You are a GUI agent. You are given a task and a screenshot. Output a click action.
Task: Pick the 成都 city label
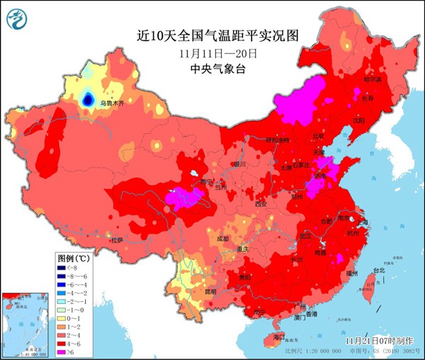click(223, 238)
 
